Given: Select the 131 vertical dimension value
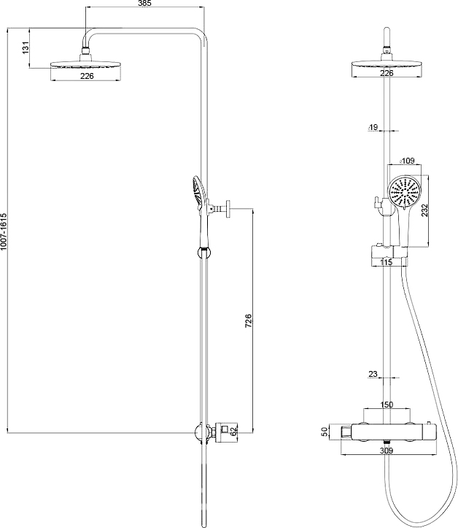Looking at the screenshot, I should tap(26, 48).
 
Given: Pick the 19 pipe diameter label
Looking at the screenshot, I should tap(373, 128).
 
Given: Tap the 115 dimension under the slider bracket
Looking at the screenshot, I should tap(386, 261).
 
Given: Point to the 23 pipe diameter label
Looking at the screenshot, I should tap(373, 374).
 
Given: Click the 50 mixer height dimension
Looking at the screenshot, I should tap(324, 432).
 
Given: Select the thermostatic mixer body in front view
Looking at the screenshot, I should tap(387, 433).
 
